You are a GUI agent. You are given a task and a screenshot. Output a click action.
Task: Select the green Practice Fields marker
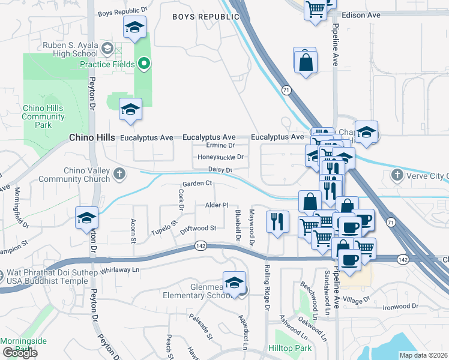143,62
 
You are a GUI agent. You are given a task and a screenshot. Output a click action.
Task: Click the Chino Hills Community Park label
43,116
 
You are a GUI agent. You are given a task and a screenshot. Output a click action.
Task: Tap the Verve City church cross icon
396,175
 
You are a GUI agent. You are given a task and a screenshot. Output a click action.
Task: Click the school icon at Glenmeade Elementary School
234,282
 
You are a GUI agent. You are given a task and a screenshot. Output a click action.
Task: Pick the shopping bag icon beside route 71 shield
305,61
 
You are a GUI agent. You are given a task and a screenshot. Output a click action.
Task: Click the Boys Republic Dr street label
122,11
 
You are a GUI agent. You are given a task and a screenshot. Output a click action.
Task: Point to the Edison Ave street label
362,15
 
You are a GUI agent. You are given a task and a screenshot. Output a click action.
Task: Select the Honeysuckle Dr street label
220,157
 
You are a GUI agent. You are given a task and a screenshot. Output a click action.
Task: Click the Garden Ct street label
198,183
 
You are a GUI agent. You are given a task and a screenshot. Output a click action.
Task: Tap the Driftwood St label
198,228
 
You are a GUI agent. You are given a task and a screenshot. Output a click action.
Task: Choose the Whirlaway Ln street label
120,270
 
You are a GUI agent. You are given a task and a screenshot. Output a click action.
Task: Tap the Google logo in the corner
19,353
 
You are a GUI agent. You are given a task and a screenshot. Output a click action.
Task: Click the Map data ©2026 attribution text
423,355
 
